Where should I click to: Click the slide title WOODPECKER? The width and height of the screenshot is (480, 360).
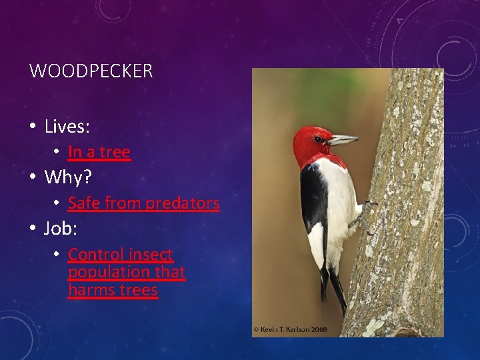[91, 71]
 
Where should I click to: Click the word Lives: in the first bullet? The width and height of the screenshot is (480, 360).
[67, 125]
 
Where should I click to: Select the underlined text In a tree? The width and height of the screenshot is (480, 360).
[99, 152]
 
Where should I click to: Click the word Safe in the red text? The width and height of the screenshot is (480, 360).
[84, 203]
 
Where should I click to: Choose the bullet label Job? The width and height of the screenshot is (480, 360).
[61, 229]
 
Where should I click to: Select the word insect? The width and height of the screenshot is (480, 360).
[151, 255]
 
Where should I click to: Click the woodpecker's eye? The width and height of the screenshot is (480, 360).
[319, 139]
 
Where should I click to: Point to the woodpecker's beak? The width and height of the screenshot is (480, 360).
[343, 140]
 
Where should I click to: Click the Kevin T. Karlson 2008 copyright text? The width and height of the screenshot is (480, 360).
[290, 329]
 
